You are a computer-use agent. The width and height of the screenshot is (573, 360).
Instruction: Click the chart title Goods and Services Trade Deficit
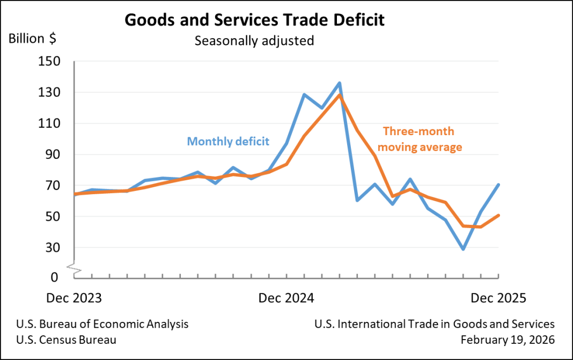point(254,20)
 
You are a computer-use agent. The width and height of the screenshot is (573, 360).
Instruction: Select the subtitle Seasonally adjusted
point(254,41)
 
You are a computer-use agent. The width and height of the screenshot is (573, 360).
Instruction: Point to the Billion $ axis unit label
point(32,39)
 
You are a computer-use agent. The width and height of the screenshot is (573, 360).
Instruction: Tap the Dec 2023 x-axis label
point(74,298)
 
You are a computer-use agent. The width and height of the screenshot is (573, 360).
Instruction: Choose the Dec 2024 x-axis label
point(285,298)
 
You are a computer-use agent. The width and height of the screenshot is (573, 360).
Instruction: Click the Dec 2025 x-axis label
point(498,298)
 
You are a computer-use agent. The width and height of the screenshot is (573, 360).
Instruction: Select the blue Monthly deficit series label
point(228,142)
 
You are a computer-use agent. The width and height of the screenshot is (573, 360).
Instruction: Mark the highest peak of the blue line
point(340,83)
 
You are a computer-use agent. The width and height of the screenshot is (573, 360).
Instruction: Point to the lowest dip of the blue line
point(463,249)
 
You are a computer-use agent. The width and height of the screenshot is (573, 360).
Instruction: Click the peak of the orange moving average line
point(340,95)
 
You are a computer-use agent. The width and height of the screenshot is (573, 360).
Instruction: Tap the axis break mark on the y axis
point(75,267)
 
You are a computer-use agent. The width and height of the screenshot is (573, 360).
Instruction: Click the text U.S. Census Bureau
point(66,340)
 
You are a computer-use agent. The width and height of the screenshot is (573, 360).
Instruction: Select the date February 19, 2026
point(508,340)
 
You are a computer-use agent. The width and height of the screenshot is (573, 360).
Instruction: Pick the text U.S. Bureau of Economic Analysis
point(102,324)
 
